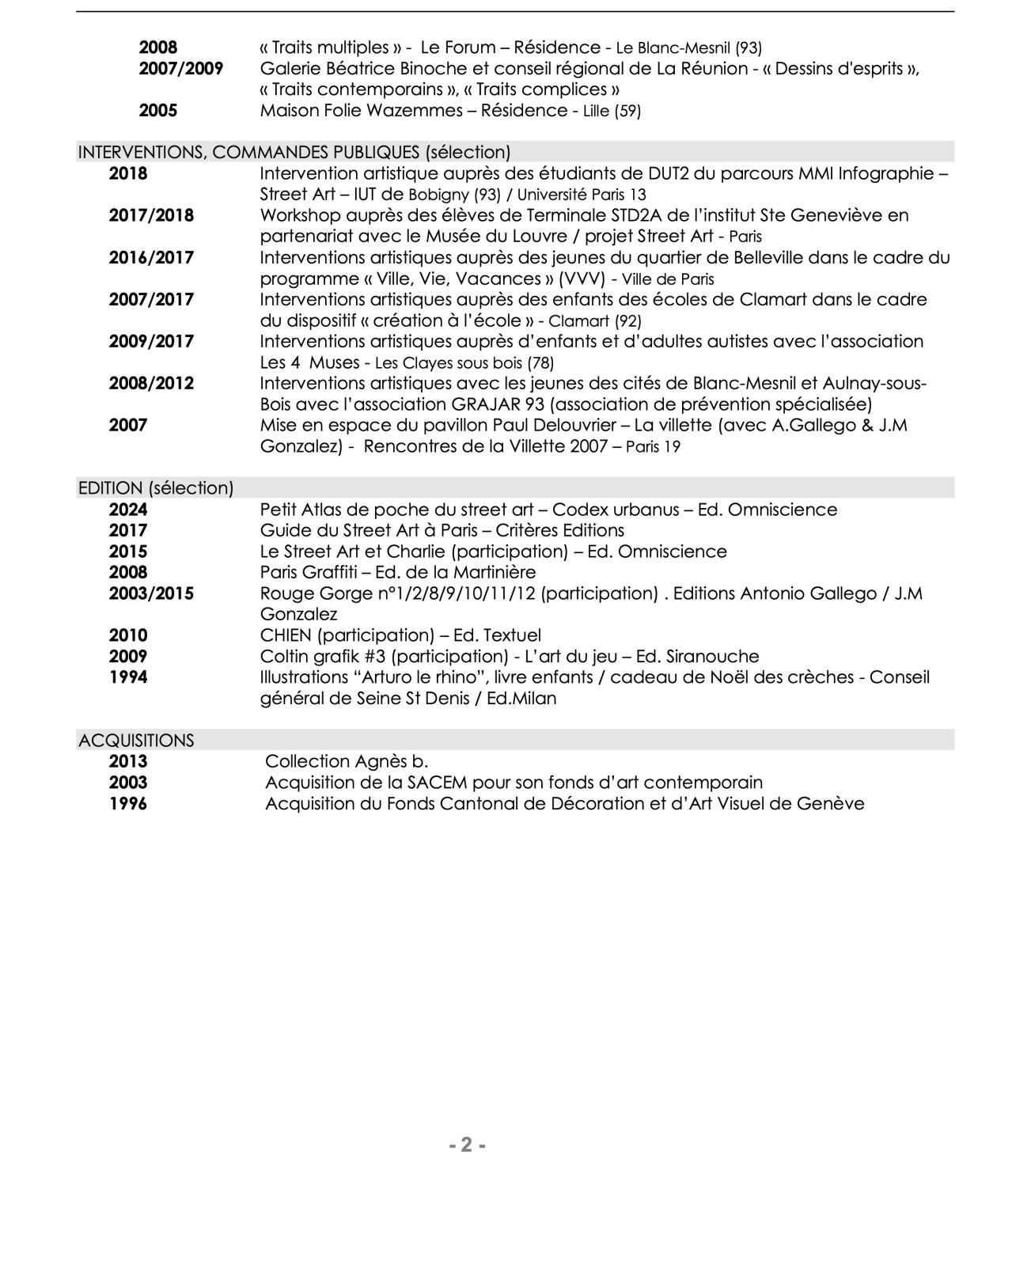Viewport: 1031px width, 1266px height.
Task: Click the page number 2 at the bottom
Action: point(467,1144)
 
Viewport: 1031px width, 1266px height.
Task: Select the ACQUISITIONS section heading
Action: point(136,741)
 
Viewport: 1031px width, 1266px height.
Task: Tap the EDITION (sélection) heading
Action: point(156,488)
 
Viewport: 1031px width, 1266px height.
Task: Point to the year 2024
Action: point(128,510)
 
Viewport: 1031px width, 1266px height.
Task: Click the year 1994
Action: point(128,677)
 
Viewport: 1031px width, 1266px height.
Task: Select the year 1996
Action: point(128,804)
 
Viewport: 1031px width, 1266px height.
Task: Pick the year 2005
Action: point(158,111)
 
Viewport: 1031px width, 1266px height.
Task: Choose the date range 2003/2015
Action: point(151,593)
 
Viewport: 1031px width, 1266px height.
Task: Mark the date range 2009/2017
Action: point(151,342)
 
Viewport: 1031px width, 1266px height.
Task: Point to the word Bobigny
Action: point(438,195)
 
